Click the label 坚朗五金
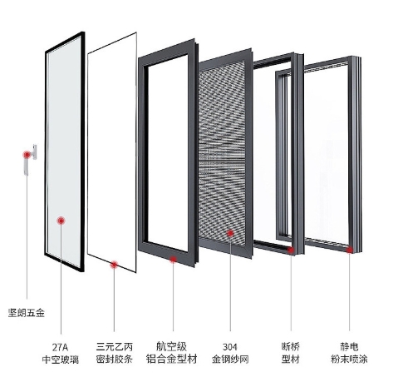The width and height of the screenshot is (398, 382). (x=27, y=313)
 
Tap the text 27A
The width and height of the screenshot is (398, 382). (x=60, y=347)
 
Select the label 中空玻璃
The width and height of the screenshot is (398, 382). (x=61, y=360)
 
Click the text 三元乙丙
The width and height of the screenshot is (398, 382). (x=115, y=347)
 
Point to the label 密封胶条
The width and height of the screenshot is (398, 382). (x=115, y=360)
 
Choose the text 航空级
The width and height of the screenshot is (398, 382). (x=171, y=346)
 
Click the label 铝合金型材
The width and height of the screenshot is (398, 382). (x=171, y=359)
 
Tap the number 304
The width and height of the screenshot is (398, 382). (x=230, y=347)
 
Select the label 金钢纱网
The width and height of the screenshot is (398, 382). (x=230, y=360)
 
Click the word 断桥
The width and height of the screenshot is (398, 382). (x=291, y=346)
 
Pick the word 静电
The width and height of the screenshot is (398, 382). (x=349, y=346)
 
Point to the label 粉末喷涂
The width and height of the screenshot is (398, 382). (x=349, y=360)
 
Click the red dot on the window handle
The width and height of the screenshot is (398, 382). (x=27, y=155)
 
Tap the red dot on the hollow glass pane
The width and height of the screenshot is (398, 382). (x=61, y=221)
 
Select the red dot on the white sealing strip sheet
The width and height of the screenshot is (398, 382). (x=114, y=265)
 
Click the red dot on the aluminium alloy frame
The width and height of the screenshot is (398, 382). (x=173, y=260)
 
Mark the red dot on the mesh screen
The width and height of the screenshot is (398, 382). (x=230, y=233)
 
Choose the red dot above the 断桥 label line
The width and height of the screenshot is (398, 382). (x=291, y=250)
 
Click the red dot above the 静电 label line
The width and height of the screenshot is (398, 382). (x=350, y=250)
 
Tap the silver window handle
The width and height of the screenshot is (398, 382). (x=31, y=159)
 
